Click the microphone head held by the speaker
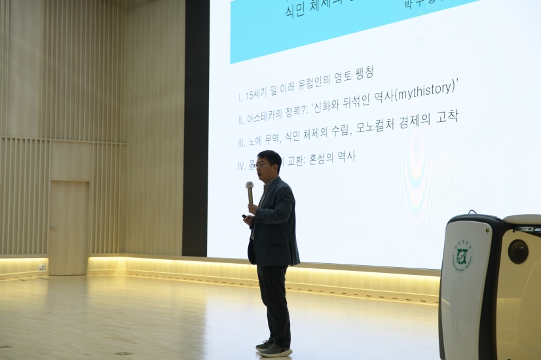click(250, 186)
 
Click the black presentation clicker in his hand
click(245, 216)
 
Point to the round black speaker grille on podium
click(517, 251)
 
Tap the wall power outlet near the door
click(41, 267)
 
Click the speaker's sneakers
click(274, 348)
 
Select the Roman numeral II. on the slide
click(241, 120)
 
